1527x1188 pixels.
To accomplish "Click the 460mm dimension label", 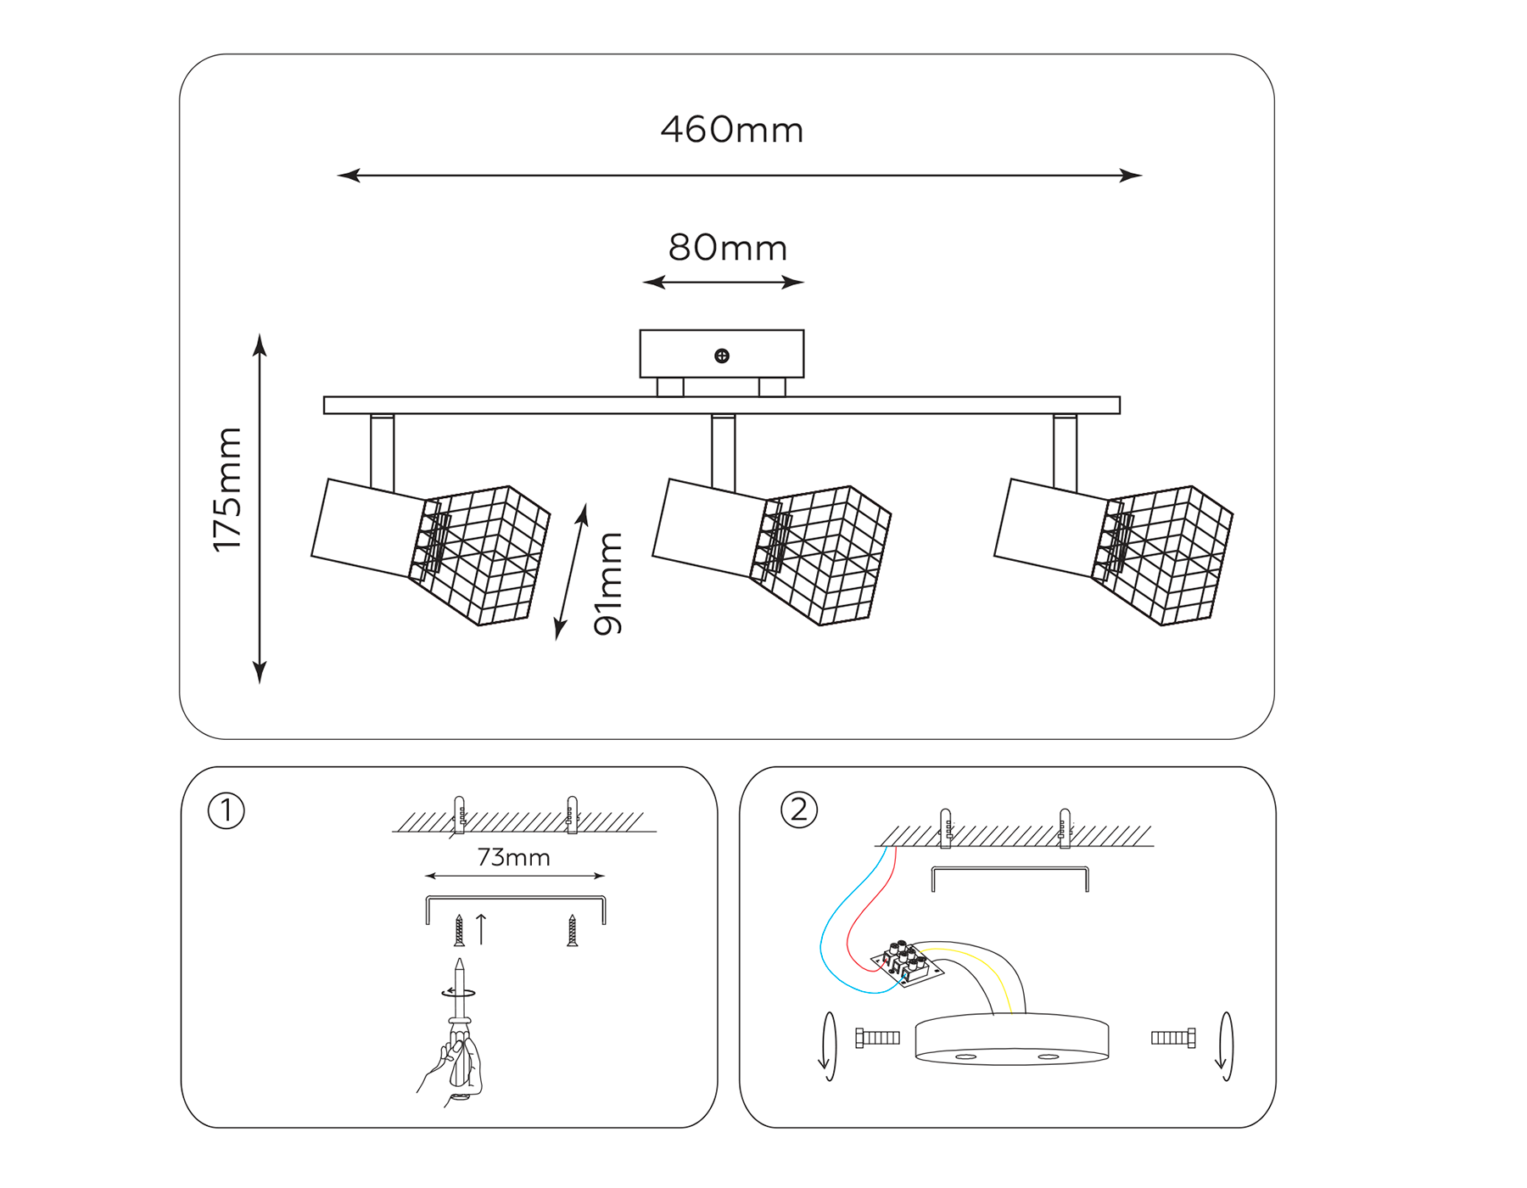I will coord(731,130).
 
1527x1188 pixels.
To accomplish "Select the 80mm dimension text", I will coord(727,248).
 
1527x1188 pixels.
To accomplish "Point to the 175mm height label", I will coord(227,490).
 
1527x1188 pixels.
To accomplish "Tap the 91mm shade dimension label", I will coord(608,583).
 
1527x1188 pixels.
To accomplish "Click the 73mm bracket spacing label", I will coord(513,858).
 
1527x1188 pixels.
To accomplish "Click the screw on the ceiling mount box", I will coord(722,356).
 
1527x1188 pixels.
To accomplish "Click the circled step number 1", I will coord(227,811).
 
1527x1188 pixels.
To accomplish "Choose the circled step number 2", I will coord(798,810).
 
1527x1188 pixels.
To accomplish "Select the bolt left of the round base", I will coord(877,1038).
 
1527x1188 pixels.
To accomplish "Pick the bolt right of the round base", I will coord(1174,1038).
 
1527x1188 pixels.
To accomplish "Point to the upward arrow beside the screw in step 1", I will coord(482,929).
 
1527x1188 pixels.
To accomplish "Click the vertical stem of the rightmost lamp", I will coord(1065,451).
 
